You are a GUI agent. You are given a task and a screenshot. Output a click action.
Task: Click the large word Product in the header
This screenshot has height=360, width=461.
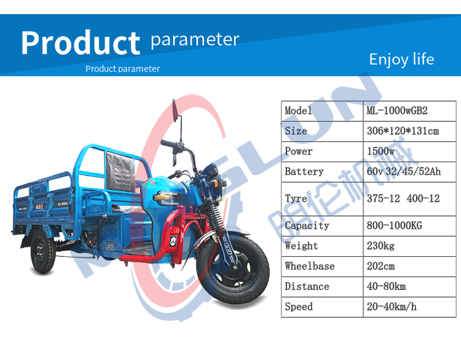click(81, 43)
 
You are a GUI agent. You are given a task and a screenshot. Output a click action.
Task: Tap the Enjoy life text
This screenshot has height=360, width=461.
click(401, 59)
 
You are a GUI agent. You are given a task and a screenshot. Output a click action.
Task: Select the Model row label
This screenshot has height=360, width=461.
click(298, 111)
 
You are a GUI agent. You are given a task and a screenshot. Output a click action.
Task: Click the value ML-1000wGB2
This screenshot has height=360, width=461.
click(401, 111)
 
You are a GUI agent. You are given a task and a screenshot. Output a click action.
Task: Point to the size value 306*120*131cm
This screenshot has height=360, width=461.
click(403, 131)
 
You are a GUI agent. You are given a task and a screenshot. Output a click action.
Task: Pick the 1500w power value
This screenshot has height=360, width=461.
click(380, 151)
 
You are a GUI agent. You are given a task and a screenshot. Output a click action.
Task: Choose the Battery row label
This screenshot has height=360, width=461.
click(303, 172)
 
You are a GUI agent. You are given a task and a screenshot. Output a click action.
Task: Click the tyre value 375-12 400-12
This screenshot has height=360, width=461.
click(403, 198)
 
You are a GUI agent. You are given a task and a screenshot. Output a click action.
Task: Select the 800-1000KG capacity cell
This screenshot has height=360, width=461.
click(394, 225)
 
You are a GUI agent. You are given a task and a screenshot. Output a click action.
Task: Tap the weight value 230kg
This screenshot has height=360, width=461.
click(380, 246)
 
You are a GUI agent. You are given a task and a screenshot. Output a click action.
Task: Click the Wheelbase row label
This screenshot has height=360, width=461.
click(309, 266)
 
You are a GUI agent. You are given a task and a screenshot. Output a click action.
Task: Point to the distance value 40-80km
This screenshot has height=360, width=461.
click(386, 286)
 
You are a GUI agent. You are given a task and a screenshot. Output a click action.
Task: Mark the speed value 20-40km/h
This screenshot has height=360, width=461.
click(392, 306)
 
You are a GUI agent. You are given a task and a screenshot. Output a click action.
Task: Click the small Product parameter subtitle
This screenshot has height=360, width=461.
click(123, 69)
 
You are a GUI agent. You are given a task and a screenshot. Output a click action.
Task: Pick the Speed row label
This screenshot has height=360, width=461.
click(299, 306)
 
